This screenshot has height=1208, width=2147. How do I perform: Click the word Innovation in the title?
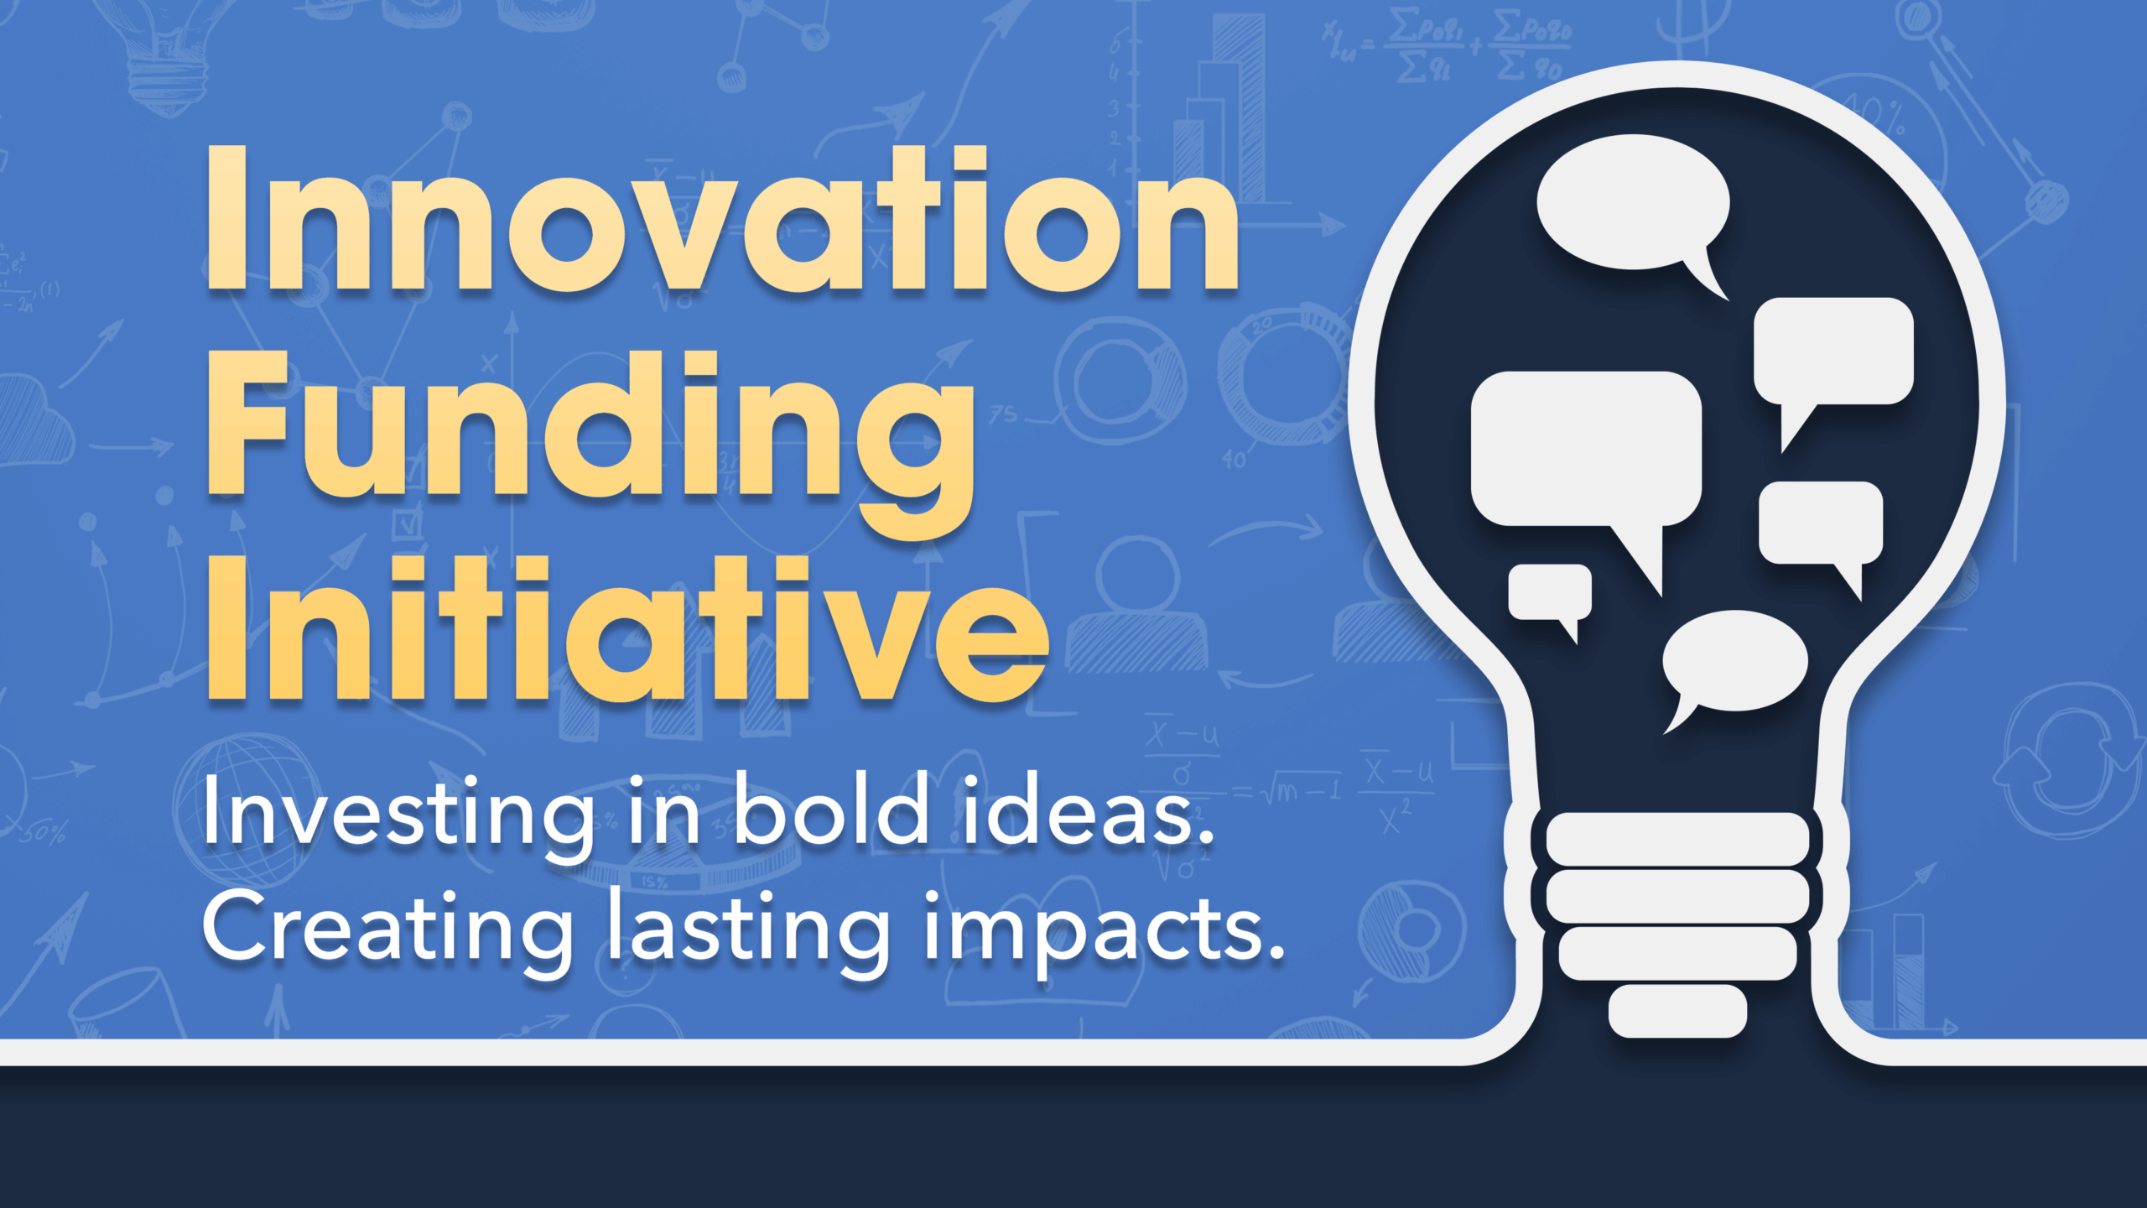(x=721, y=220)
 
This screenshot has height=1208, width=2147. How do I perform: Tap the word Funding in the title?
(x=590, y=428)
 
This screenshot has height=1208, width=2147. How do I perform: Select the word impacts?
(x=1104, y=931)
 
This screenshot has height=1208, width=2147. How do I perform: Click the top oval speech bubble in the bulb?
(x=1632, y=203)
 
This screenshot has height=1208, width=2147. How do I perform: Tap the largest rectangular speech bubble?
(x=1585, y=450)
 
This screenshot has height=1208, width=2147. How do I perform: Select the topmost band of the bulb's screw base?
(x=1677, y=839)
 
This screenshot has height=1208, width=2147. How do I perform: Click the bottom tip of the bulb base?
(x=1677, y=1012)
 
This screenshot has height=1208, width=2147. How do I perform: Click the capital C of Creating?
(x=240, y=928)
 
